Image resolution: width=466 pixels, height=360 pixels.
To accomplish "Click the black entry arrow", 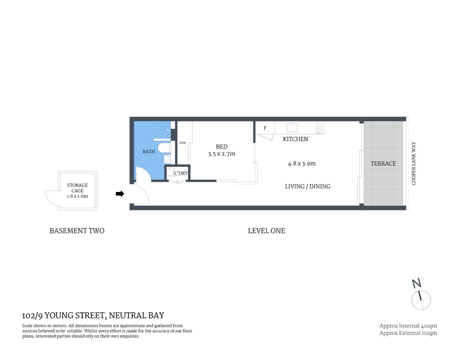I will point(120,193).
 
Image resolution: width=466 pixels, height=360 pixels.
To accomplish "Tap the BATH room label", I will point(149,151).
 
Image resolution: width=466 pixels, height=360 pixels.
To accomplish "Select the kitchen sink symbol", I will point(292,127).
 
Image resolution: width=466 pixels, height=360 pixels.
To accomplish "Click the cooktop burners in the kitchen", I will point(319,128).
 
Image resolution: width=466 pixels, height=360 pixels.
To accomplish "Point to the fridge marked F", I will point(265,128).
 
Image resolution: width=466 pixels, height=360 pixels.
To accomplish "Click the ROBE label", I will point(183,143).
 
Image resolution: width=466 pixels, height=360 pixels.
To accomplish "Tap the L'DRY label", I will point(181,173).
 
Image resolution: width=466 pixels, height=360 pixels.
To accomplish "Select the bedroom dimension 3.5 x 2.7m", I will point(221,154).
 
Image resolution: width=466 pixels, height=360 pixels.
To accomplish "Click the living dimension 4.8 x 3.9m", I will point(302,163).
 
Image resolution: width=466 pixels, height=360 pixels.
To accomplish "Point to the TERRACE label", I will point(383,163).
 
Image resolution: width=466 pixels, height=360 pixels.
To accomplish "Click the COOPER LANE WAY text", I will point(414,163).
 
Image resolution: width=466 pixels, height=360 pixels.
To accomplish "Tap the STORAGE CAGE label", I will point(78,188).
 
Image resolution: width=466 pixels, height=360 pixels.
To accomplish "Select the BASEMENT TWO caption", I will point(77,231).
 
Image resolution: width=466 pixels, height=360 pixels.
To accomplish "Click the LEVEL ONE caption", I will point(266,231).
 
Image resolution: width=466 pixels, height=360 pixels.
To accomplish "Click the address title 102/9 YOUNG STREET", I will point(93,315).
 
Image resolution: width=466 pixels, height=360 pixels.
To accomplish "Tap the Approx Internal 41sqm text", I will point(408,326).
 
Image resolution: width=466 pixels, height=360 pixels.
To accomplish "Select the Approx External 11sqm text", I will point(408,333).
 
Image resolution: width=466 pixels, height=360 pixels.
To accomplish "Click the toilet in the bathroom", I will point(164,148).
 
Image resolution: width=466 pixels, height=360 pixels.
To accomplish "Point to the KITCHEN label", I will point(295,139).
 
